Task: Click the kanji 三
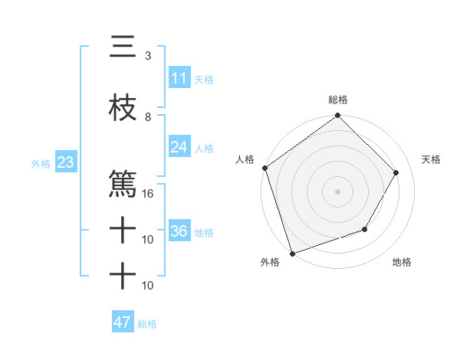[123, 47]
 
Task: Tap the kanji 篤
[123, 185]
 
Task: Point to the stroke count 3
[148, 56]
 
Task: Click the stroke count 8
[148, 117]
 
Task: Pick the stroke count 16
[148, 194]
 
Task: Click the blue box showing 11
[179, 78]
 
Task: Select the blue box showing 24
[179, 147]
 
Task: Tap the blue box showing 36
[179, 231]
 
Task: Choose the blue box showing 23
[65, 162]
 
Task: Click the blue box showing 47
[122, 322]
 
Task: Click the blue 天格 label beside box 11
[204, 79]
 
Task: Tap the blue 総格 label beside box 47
[147, 324]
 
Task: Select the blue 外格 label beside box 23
[41, 163]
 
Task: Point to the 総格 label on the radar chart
[338, 100]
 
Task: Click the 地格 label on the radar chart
[402, 263]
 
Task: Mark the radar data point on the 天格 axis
[396, 172]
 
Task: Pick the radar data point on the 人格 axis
[265, 168]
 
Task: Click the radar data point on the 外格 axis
[292, 253]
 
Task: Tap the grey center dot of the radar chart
[338, 191]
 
